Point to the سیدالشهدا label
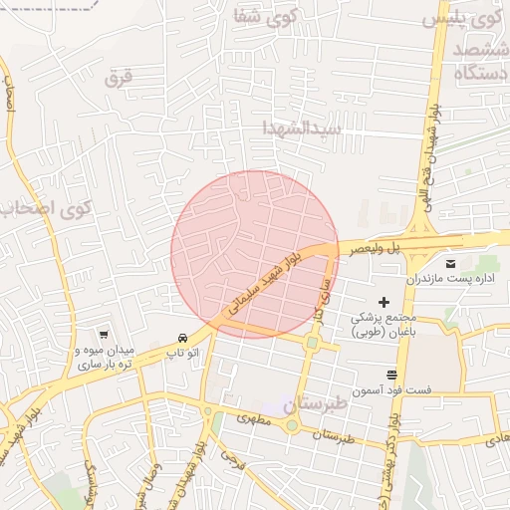pos(302,128)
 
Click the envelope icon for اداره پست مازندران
pos(451,263)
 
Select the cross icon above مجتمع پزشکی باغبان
pos(383,301)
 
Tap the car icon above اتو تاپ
pos(181,337)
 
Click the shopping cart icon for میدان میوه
pos(104,335)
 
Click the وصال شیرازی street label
pos(148,483)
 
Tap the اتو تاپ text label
pos(181,352)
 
